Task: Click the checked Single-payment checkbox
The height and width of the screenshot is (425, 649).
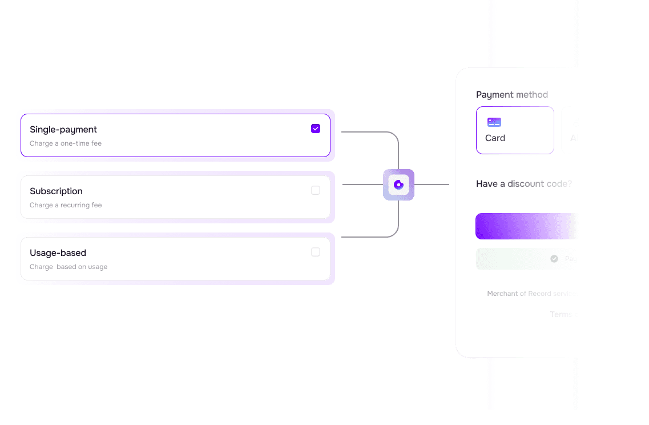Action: pos(316,129)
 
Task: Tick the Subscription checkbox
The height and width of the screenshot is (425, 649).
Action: pos(316,190)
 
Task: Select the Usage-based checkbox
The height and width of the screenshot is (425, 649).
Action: pos(316,252)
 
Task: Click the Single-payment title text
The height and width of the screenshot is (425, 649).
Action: pos(63,130)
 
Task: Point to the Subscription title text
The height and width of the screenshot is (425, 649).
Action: pos(56,191)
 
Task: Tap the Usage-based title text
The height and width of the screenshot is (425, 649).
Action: pos(58,253)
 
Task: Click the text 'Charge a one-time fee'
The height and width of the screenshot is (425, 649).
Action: pos(66,143)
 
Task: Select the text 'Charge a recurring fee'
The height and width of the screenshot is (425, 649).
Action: pos(66,205)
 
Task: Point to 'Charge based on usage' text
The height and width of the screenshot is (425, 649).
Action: pos(68,267)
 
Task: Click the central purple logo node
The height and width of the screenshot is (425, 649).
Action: pos(398,185)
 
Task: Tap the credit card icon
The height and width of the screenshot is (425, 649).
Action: pos(494,122)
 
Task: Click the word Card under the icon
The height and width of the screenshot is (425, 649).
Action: pos(495,138)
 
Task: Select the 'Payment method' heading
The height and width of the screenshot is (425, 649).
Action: pos(512,95)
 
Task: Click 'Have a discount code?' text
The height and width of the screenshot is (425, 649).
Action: pos(523,184)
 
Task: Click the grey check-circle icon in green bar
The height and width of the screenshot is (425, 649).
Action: pos(554,259)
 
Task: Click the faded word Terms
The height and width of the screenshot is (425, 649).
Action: pos(561,314)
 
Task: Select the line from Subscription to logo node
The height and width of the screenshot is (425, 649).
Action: pos(362,185)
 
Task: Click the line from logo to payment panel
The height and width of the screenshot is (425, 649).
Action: pos(432,185)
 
